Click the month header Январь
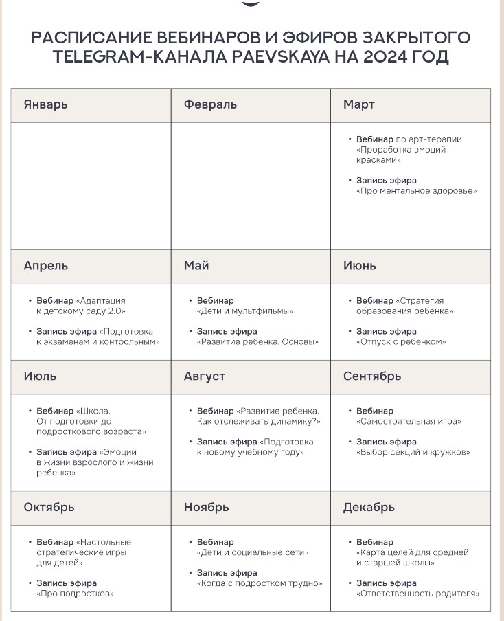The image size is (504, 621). (45, 104)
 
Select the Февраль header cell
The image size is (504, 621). (210, 104)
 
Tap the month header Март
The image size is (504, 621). (358, 104)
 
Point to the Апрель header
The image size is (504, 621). (45, 266)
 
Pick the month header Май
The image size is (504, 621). (196, 266)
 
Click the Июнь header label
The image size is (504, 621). (359, 266)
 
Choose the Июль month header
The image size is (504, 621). (40, 376)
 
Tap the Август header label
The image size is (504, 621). (204, 376)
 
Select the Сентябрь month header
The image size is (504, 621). (371, 376)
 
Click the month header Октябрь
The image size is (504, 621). (49, 508)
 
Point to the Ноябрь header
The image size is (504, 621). (206, 508)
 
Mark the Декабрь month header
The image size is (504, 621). (369, 508)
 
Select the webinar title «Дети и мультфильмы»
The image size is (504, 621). (244, 311)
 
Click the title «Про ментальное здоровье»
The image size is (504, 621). (416, 191)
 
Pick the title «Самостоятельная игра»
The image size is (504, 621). (409, 422)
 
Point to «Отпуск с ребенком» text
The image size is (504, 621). (401, 342)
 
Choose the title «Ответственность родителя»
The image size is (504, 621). (417, 594)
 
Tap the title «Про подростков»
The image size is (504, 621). (75, 594)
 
